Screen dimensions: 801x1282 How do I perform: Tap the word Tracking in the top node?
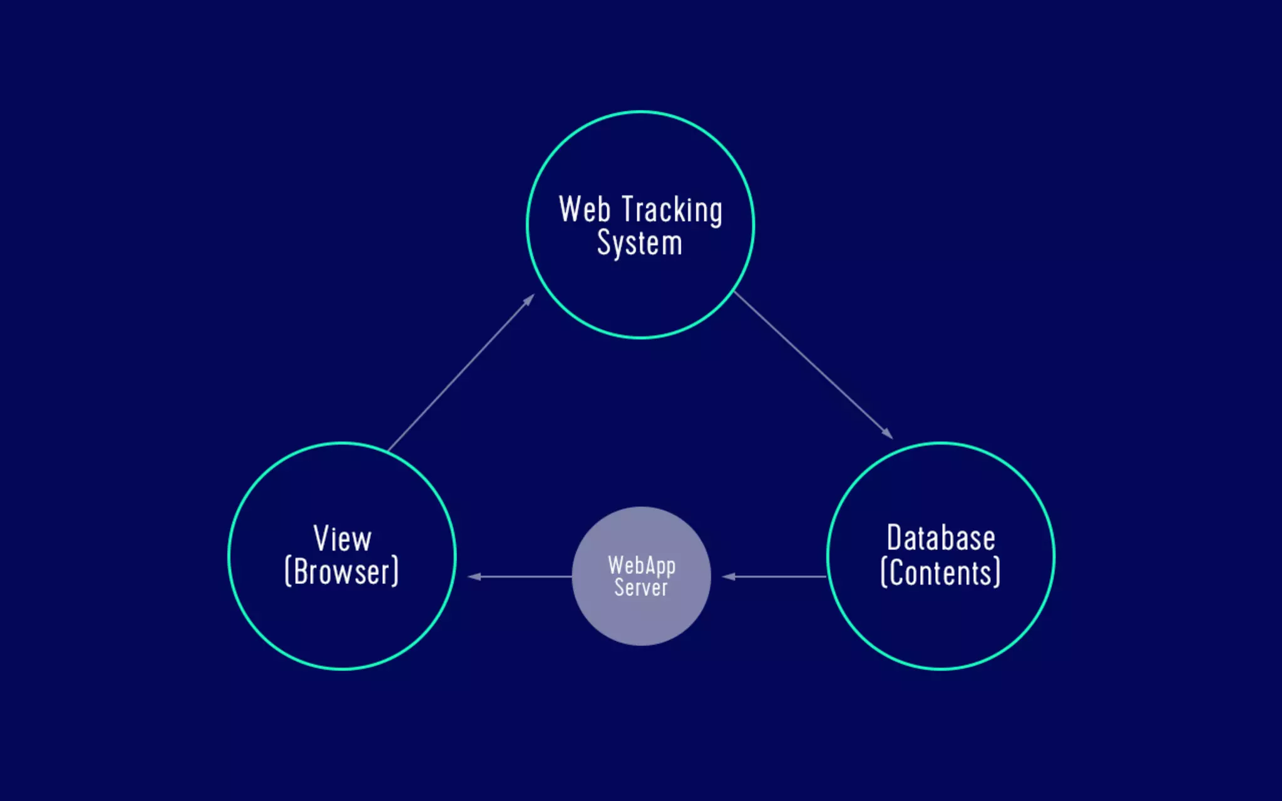[672, 210]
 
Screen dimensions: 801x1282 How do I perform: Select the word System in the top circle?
[639, 243]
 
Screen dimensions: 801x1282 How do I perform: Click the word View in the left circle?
[342, 539]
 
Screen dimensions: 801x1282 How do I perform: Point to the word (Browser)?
[342, 572]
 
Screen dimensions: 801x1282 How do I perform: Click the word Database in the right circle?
[941, 538]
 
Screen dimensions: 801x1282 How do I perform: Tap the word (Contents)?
[941, 573]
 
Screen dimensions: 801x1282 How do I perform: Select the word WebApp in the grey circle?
[642, 566]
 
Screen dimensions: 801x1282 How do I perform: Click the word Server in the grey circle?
[641, 588]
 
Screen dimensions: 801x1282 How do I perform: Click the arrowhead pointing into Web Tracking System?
[530, 299]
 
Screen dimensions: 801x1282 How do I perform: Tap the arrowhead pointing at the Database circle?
[888, 434]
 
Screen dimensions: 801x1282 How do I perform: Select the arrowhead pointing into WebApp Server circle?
[728, 576]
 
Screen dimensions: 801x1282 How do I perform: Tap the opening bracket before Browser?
[288, 572]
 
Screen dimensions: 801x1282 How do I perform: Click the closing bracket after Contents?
[997, 573]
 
